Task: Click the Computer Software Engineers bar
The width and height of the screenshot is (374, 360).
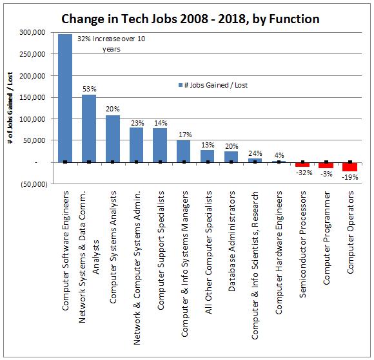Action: coord(65,98)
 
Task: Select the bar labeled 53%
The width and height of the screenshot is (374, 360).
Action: coord(89,129)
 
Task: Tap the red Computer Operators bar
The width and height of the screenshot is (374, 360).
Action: coord(350,167)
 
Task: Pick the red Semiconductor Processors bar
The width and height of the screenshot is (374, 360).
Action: coord(302,165)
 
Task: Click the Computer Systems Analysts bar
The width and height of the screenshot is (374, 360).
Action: coord(113,139)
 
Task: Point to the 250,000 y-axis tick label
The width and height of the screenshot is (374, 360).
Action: coord(32,54)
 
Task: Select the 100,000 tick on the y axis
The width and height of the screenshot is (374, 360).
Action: coord(32,119)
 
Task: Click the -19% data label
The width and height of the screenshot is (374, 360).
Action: coord(350,177)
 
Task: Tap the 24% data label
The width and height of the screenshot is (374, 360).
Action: coord(255,153)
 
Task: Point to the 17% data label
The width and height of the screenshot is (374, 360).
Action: coord(185,135)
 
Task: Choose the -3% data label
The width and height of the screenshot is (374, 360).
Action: coord(326,174)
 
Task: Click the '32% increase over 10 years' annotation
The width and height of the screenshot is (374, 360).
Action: coord(112,44)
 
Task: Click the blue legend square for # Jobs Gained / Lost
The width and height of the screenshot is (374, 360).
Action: coord(181,85)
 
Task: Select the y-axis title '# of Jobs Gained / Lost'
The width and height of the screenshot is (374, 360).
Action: coord(10,108)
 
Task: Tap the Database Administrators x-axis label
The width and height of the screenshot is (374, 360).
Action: coord(231,241)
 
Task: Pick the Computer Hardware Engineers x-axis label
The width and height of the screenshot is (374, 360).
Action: coord(279,252)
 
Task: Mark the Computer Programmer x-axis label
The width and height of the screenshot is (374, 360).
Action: coord(326,238)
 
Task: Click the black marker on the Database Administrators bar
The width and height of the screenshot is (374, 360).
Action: coord(231,162)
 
